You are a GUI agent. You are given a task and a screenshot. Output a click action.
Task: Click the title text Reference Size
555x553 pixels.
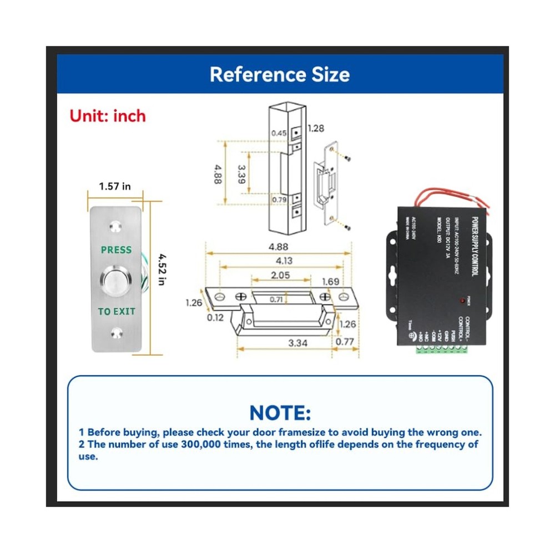click(280, 74)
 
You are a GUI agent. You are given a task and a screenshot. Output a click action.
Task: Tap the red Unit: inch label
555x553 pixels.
click(107, 116)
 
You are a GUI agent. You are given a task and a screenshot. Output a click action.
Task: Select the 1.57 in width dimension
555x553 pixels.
click(115, 186)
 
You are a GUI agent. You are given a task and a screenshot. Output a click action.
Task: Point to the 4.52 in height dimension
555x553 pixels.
click(161, 269)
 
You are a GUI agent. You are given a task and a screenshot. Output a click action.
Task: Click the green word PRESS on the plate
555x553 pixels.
click(116, 250)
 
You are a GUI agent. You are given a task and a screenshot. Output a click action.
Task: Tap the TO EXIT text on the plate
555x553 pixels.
click(117, 312)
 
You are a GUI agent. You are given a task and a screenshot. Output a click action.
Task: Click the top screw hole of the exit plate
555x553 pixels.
click(116, 226)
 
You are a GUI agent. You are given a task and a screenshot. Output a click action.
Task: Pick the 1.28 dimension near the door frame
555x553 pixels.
click(315, 129)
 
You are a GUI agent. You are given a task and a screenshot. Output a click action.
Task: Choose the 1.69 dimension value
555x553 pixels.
click(330, 282)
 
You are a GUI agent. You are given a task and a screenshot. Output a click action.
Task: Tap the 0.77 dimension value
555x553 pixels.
click(345, 342)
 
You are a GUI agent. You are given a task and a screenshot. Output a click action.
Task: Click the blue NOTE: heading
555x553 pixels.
click(280, 412)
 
